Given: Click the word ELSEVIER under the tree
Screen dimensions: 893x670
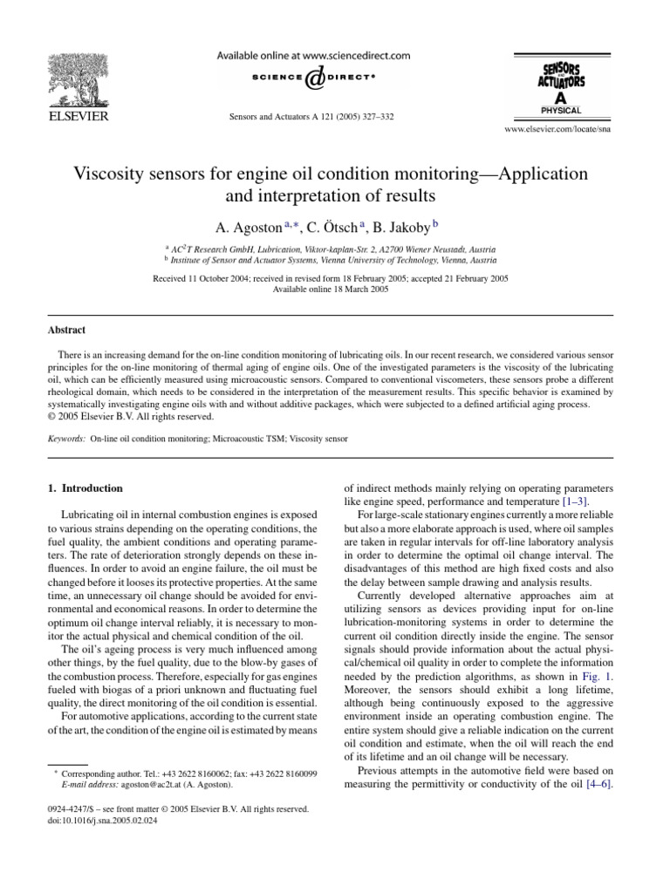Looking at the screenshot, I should [78, 116].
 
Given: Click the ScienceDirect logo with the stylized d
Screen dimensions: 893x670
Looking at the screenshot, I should [313, 78].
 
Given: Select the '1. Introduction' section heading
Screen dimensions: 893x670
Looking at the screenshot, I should [85, 488].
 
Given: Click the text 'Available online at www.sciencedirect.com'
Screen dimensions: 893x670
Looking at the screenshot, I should [313, 54].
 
